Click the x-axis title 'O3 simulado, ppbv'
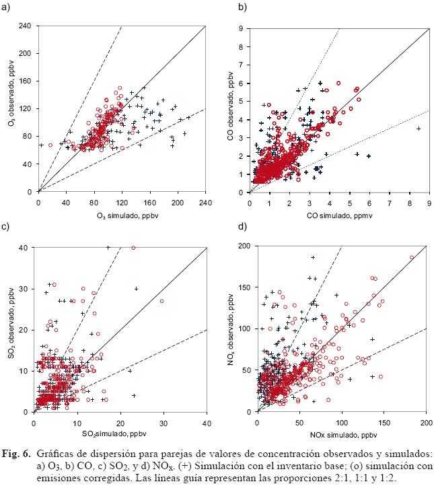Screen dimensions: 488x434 [x=100, y=215]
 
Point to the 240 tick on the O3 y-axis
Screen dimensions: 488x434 [x=24, y=26]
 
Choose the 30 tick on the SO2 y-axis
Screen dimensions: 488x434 [x=24, y=289]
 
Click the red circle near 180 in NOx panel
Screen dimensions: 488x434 [x=412, y=257]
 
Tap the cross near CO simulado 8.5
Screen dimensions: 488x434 [x=419, y=128]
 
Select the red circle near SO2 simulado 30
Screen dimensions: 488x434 [x=161, y=301]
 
